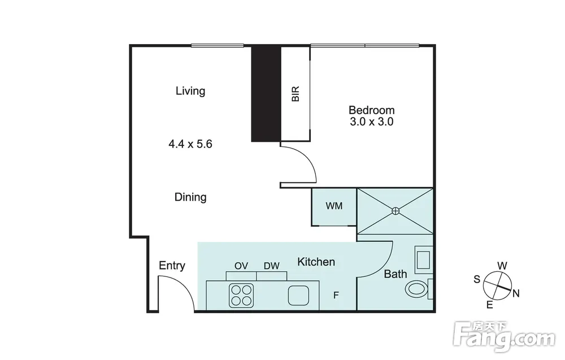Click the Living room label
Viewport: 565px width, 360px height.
[190, 91]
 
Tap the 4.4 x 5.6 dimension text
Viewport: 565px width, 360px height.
[190, 144]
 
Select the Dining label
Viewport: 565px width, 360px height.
[190, 197]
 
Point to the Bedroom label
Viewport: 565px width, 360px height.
[372, 110]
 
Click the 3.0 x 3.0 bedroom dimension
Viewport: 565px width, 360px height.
[372, 122]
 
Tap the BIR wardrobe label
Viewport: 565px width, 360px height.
[295, 94]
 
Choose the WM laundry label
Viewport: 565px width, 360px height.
[334, 206]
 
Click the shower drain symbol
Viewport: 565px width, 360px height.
[395, 211]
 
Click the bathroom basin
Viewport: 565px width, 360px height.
[423, 258]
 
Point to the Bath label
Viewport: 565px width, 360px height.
[395, 274]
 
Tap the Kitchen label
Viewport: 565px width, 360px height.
[316, 262]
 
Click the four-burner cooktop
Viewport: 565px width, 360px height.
[241, 296]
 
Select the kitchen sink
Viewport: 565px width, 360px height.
[299, 296]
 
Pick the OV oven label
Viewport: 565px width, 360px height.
[241, 266]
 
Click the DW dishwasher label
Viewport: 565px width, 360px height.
[272, 266]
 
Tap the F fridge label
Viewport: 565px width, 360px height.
[336, 296]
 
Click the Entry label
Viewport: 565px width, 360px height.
[172, 266]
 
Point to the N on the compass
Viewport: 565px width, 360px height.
[516, 294]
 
